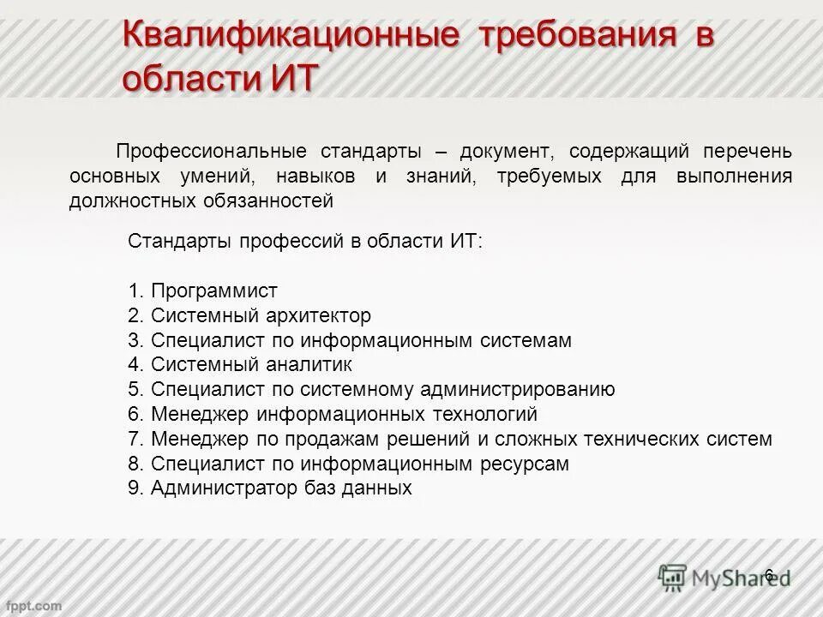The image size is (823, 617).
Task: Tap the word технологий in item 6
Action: [484, 415]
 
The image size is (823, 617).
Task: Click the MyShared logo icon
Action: [672, 576]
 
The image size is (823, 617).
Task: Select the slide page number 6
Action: [768, 575]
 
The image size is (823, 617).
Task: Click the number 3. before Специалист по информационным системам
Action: [136, 340]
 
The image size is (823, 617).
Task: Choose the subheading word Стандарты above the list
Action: [179, 242]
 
